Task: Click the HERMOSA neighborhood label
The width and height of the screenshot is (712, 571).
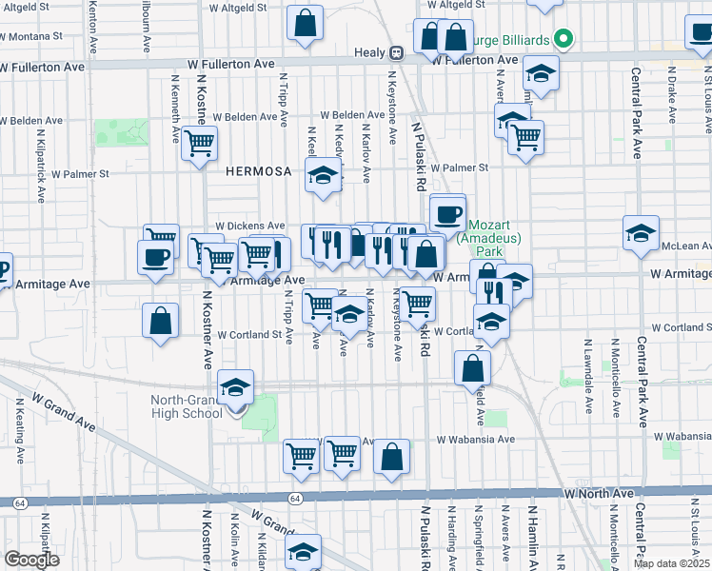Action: pyautogui.click(x=258, y=171)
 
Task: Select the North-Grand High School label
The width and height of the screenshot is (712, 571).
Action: pyautogui.click(x=187, y=406)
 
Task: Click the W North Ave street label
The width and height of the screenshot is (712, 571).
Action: pyautogui.click(x=598, y=494)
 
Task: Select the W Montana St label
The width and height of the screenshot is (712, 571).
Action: pyautogui.click(x=31, y=35)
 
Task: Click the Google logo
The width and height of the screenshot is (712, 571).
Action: pyautogui.click(x=31, y=560)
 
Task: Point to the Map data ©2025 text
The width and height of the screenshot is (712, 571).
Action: pyautogui.click(x=670, y=563)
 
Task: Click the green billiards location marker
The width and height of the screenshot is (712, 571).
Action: pyautogui.click(x=564, y=39)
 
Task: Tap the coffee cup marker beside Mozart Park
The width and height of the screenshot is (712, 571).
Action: pyautogui.click(x=447, y=213)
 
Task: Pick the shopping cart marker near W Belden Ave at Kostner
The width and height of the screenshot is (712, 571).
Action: pyautogui.click(x=200, y=144)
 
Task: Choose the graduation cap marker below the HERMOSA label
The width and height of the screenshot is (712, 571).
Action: pyautogui.click(x=324, y=175)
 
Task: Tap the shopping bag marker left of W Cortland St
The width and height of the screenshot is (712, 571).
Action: pyautogui.click(x=161, y=322)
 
